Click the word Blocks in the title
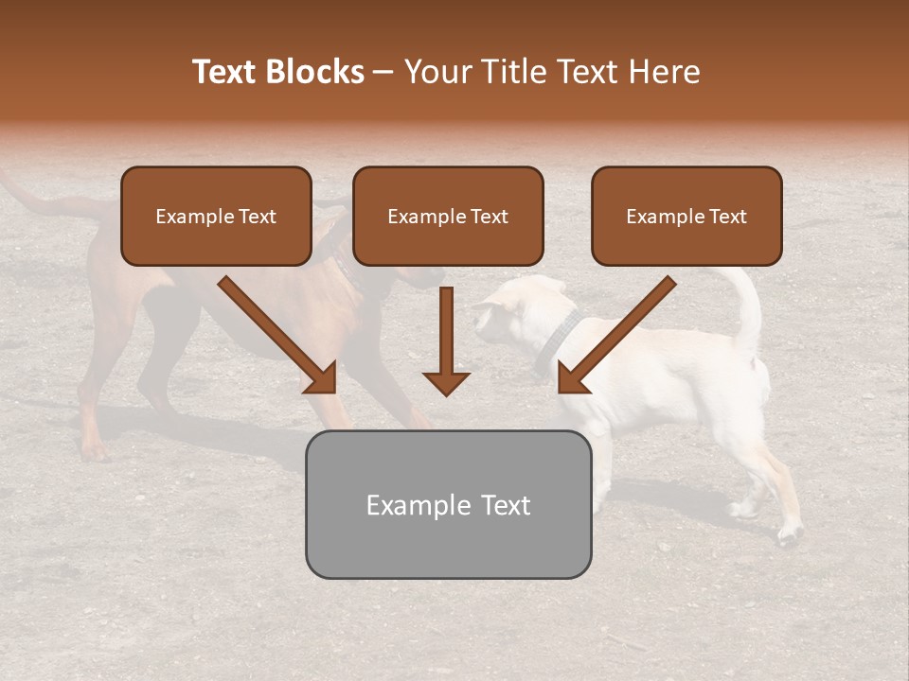pos(314,72)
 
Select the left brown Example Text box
pos(216,217)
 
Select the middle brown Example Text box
pos(448,217)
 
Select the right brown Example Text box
pos(686,217)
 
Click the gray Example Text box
pos(448,505)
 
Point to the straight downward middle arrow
pos(446,345)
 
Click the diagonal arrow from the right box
pos(615,336)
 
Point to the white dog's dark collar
pos(554,345)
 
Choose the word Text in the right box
pos(727,217)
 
